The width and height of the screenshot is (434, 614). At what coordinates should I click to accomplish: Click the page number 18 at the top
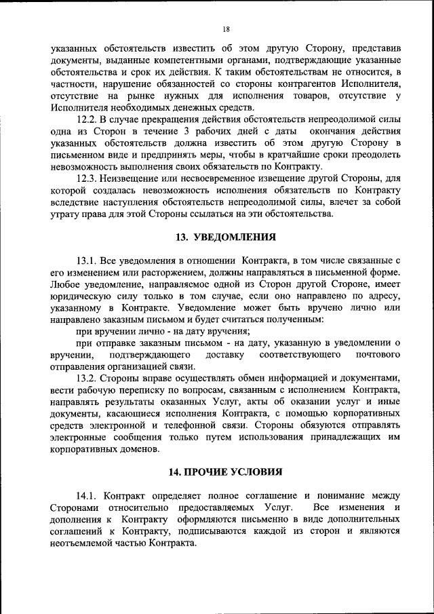(x=226, y=28)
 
